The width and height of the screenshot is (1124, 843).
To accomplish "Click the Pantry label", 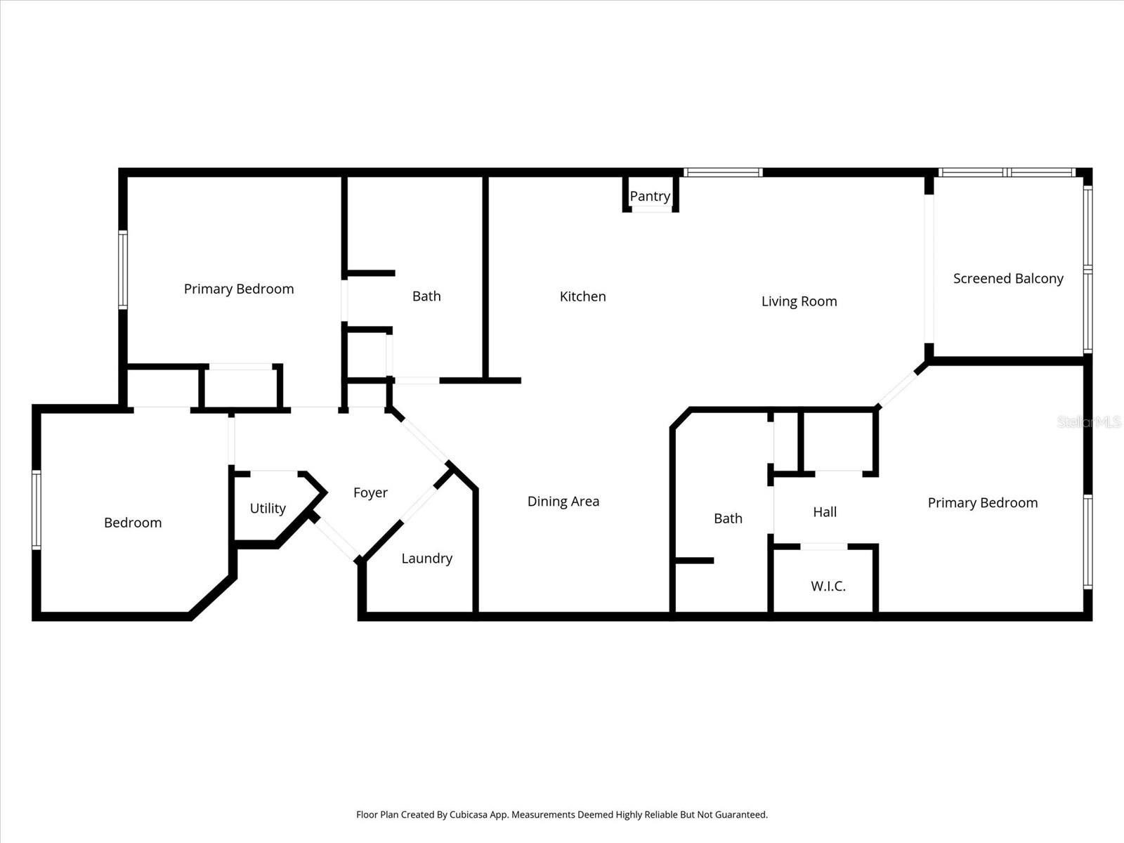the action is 650,197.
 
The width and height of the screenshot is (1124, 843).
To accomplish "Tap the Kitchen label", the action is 583,296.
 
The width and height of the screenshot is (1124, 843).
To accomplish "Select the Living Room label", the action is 799,301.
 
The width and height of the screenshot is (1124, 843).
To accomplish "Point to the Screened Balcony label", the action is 1008,278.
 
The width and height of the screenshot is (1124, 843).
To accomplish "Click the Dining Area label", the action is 563,502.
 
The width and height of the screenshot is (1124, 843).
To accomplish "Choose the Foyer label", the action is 370,493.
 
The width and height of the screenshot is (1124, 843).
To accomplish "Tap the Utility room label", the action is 268,508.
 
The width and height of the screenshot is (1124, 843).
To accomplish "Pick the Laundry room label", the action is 427,558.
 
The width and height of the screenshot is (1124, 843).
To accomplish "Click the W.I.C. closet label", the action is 828,586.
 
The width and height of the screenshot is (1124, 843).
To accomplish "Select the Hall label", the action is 825,512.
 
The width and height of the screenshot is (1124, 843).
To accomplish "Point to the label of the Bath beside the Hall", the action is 728,518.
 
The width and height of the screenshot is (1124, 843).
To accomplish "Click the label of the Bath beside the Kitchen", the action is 426,296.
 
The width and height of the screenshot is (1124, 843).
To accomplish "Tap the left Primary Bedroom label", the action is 239,289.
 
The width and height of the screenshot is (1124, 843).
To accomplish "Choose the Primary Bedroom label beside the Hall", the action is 983,503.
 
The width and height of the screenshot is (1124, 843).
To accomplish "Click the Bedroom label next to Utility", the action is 133,523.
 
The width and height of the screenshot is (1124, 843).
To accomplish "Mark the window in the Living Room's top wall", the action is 723,173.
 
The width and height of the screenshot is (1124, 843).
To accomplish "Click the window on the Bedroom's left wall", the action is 37,510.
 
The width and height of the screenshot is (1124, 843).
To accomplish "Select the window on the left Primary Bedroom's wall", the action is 123,270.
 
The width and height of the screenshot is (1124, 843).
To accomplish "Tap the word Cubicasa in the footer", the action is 468,815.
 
